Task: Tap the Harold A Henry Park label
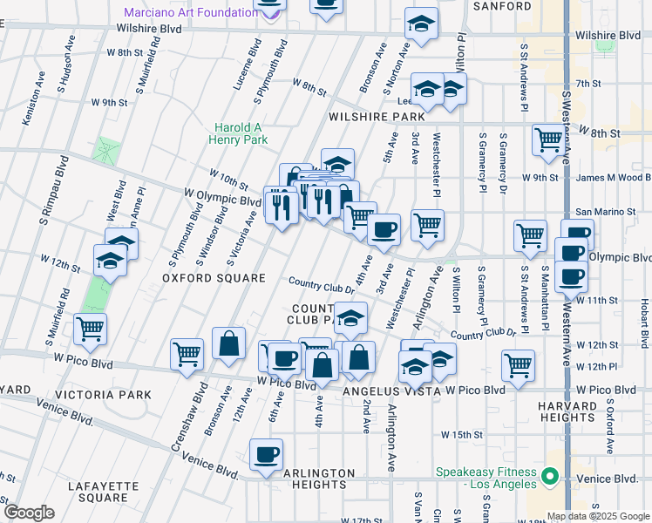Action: tap(238, 133)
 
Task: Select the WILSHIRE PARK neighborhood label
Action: tap(377, 117)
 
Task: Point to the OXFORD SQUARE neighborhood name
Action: tap(214, 278)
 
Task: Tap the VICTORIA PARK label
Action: tap(114, 395)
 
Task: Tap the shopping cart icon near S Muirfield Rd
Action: tap(90, 329)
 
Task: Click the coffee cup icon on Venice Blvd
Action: tap(266, 454)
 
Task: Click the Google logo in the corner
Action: tap(29, 513)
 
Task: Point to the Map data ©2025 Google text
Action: tap(598, 516)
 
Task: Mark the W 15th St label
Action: tap(461, 434)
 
